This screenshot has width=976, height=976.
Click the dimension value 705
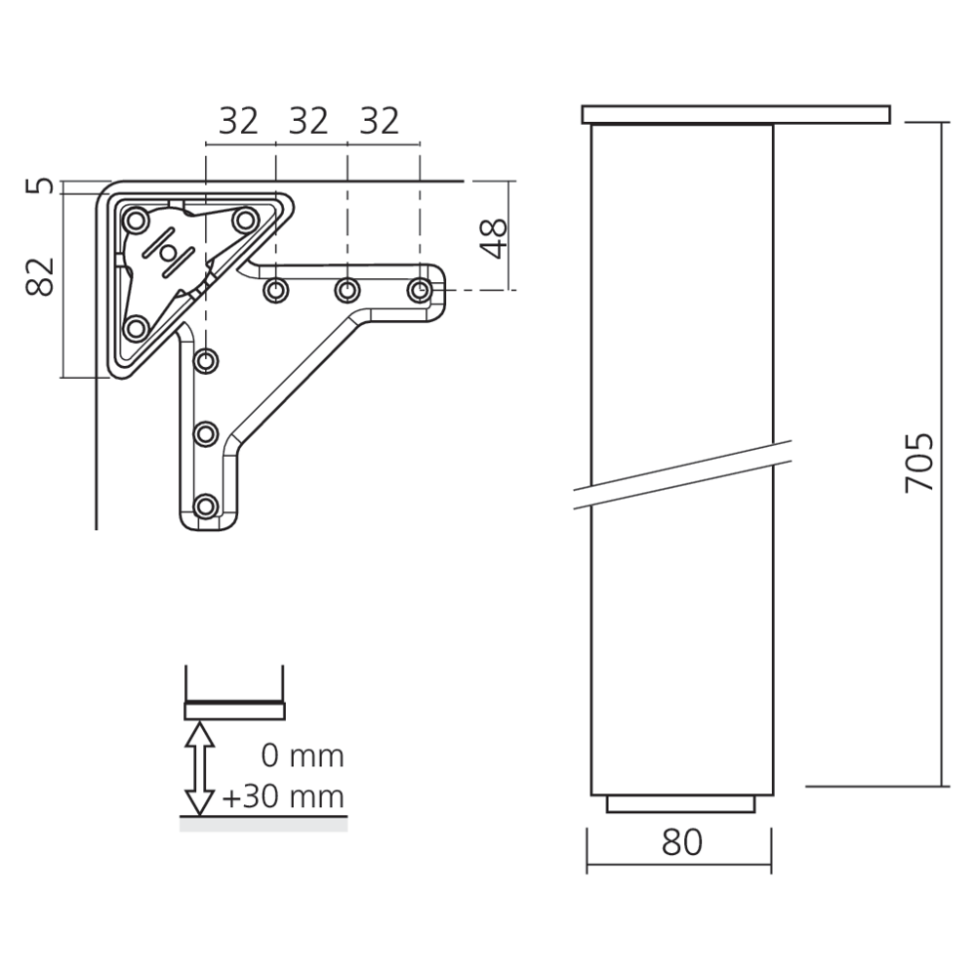point(919,463)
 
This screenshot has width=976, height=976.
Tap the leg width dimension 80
point(681,842)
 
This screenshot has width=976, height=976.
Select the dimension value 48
point(494,238)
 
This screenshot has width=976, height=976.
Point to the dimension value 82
point(40,276)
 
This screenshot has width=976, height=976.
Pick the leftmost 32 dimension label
point(238,121)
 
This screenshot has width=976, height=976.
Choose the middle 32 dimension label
point(308,121)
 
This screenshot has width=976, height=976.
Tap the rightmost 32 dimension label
point(379,121)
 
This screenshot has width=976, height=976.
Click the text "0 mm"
point(303,756)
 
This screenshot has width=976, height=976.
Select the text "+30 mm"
point(283,796)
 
